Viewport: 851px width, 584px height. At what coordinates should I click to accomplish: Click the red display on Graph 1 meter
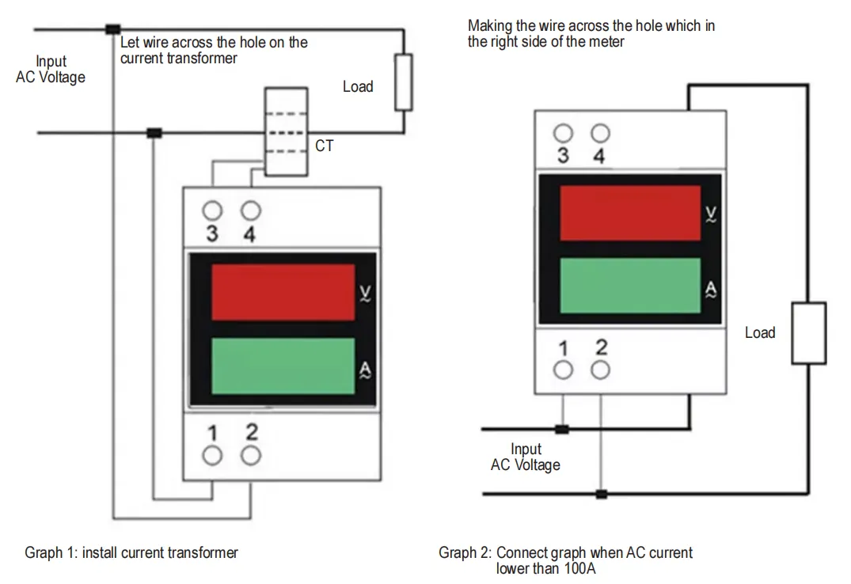click(x=283, y=293)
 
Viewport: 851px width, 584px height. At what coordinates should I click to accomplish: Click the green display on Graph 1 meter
click(x=283, y=366)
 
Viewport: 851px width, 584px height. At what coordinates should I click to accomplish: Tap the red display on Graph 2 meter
click(x=630, y=214)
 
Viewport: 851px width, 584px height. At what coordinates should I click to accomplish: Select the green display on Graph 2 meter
click(x=630, y=286)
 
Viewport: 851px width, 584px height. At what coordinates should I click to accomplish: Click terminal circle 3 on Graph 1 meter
click(x=212, y=211)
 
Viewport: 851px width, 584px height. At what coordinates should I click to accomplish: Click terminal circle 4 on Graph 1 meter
click(x=251, y=211)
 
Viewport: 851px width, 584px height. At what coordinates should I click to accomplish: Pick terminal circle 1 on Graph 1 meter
click(x=212, y=455)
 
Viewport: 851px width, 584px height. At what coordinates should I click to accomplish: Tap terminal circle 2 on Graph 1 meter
click(x=251, y=455)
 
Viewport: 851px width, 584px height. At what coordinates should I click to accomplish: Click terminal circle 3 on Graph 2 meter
click(x=563, y=132)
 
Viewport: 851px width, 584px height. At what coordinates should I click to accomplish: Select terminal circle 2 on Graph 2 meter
click(x=601, y=369)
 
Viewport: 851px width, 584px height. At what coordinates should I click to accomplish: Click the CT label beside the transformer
click(x=324, y=146)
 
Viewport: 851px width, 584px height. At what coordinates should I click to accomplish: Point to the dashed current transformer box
click(x=286, y=132)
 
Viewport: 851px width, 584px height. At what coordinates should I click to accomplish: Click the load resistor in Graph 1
click(x=404, y=82)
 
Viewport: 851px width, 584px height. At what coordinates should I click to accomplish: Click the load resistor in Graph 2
click(x=808, y=332)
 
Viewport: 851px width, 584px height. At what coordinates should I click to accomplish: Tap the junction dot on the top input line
click(x=112, y=30)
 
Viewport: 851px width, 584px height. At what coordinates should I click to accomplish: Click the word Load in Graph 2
click(x=759, y=332)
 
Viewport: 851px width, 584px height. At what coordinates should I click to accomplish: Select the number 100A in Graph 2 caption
click(x=581, y=568)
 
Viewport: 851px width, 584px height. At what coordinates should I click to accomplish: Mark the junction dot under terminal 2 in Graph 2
click(x=601, y=495)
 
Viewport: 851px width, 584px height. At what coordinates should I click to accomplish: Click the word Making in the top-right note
click(x=490, y=26)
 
